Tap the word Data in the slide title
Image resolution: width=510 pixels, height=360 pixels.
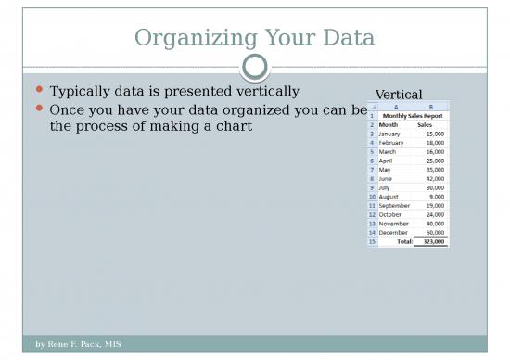344,38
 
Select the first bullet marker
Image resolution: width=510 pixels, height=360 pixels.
38,92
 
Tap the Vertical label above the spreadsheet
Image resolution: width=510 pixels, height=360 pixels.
398,95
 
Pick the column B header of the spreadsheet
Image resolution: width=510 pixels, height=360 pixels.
430,106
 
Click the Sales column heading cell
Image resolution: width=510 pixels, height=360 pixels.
425,124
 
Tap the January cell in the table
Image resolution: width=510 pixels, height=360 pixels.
390,134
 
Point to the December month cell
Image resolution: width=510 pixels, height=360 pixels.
393,232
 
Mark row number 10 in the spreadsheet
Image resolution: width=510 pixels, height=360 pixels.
372,197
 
